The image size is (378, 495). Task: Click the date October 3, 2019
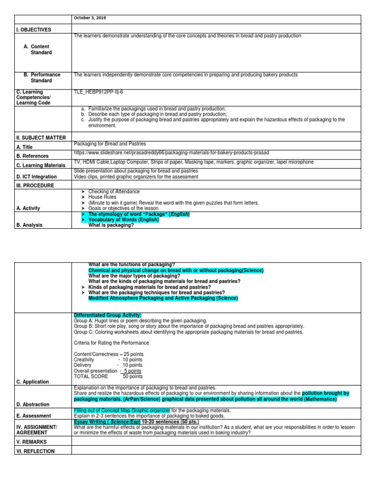[90, 18]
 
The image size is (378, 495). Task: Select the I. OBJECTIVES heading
[33, 30]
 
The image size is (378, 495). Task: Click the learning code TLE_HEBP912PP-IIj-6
[98, 92]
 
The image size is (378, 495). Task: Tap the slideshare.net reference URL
[171, 153]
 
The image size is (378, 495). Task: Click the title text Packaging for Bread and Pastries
[109, 144]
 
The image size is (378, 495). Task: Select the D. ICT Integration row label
[36, 177]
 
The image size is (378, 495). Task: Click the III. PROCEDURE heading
[35, 186]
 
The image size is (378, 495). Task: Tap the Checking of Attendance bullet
[114, 191]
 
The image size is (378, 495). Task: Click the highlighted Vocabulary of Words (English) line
[124, 220]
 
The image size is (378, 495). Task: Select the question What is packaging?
[111, 225]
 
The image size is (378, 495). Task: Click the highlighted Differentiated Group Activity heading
[107, 315]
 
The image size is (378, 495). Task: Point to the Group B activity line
[189, 326]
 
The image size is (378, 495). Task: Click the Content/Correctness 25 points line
[108, 354]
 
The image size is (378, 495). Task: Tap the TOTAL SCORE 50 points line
[108, 376]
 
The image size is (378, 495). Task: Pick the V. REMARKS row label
[31, 442]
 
